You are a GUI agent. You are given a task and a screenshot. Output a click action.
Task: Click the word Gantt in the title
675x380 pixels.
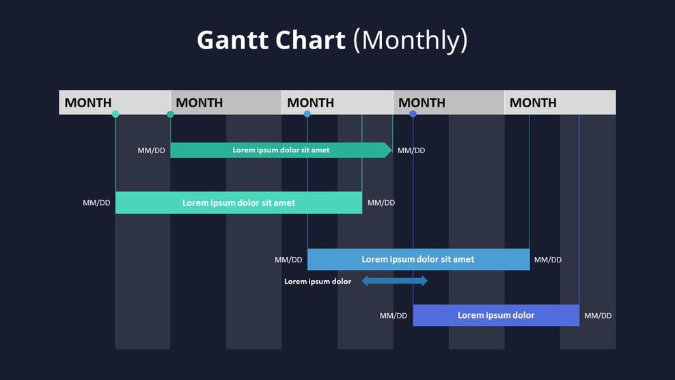pos(230,40)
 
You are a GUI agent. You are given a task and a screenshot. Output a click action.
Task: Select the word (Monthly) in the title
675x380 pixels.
pos(410,40)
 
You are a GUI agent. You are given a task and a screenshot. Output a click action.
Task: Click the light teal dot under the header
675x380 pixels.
pos(115,114)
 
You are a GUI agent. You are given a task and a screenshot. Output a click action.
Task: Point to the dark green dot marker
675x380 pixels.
pos(170,114)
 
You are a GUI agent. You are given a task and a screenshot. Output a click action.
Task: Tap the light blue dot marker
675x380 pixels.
pos(307,114)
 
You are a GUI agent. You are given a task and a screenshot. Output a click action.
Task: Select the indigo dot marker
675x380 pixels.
pos(413,114)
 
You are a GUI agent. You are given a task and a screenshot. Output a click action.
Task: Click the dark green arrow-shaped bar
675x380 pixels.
pos(280,150)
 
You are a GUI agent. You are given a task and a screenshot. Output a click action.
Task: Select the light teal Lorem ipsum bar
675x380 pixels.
pos(238,203)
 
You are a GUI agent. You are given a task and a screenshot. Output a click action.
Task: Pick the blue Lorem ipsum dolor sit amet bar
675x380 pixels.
pos(418,260)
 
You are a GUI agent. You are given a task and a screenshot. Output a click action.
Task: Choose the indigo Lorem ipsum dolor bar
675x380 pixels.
pos(496,315)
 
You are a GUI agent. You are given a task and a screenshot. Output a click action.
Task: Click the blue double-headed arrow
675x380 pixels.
pos(394,281)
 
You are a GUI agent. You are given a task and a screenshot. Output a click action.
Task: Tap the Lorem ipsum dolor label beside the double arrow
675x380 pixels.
pos(318,282)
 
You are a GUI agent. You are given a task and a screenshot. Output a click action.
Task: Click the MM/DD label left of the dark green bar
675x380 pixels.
pos(151,150)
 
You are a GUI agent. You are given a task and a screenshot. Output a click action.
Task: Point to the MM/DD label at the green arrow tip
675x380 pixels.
pos(411,150)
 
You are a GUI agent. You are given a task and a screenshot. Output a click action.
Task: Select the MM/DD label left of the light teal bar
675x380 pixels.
pos(96,203)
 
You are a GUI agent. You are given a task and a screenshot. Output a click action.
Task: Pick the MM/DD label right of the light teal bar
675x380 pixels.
pos(381,203)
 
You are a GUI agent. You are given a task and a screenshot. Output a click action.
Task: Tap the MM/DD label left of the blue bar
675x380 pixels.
pos(288,260)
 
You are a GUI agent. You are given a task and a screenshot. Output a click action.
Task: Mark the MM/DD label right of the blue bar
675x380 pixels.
pos(548,260)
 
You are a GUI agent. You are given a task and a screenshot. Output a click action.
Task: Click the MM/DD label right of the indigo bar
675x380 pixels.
pos(598,316)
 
